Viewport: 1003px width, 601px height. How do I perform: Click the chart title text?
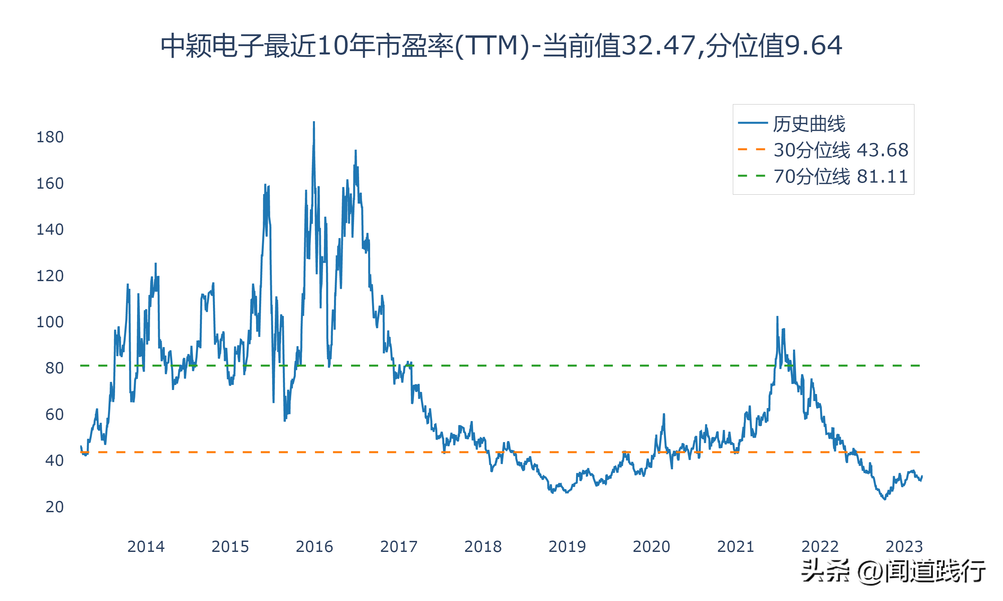click(x=501, y=45)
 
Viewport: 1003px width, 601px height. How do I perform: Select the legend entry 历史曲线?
click(x=808, y=124)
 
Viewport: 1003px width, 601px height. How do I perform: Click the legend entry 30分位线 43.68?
click(x=841, y=150)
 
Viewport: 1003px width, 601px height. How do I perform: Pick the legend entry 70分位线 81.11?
click(x=841, y=176)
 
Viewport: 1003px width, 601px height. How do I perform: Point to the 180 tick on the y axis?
click(x=50, y=137)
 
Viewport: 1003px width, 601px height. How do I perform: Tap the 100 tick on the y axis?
click(x=50, y=322)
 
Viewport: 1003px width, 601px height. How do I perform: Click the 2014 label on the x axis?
click(x=146, y=547)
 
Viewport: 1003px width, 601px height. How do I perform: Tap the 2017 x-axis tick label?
click(x=399, y=547)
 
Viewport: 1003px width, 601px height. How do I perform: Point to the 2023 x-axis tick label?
click(x=904, y=547)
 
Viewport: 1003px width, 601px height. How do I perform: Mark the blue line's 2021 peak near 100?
click(x=777, y=317)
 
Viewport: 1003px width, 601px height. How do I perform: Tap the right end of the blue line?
click(x=922, y=476)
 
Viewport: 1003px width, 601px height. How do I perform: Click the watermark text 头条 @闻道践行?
click(x=893, y=571)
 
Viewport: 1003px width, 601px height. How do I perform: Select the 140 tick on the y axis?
click(x=50, y=230)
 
